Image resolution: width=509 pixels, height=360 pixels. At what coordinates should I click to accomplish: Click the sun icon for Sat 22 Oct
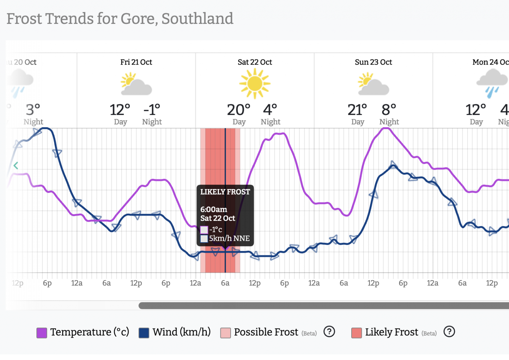pyautogui.click(x=254, y=83)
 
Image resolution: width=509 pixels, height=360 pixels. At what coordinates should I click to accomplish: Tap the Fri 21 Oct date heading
pyautogui.click(x=136, y=62)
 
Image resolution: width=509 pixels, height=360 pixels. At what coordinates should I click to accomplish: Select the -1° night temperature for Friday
pyautogui.click(x=152, y=110)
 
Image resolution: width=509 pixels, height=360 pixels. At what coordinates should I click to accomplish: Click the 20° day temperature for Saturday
pyautogui.click(x=238, y=110)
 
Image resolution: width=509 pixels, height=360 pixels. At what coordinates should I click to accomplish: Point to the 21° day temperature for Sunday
pyautogui.click(x=357, y=110)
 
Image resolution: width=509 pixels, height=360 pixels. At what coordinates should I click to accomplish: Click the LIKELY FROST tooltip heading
pyautogui.click(x=225, y=192)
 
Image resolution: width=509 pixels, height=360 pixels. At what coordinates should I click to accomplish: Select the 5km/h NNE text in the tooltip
pyautogui.click(x=229, y=238)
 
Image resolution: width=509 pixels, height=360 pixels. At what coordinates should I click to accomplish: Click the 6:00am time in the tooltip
pyautogui.click(x=214, y=210)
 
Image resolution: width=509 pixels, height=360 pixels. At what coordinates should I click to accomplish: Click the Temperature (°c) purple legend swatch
pyautogui.click(x=42, y=333)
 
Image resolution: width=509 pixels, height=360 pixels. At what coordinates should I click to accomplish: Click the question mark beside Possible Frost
pyautogui.click(x=329, y=332)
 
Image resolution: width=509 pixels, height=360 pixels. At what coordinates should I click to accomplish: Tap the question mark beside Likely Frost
pyautogui.click(x=449, y=332)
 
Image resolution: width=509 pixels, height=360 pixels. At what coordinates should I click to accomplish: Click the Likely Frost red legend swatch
pyautogui.click(x=357, y=333)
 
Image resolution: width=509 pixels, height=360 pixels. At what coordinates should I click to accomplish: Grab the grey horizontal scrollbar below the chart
pyautogui.click(x=323, y=306)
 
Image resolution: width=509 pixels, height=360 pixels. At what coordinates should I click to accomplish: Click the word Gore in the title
pyautogui.click(x=139, y=19)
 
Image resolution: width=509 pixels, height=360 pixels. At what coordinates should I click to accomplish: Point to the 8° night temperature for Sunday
pyautogui.click(x=389, y=110)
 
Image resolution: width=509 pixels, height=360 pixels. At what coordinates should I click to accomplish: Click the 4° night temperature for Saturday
pyautogui.click(x=270, y=110)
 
